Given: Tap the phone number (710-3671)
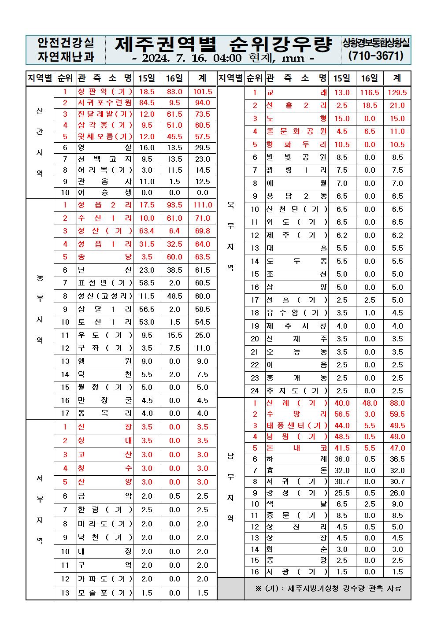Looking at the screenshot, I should (376, 56).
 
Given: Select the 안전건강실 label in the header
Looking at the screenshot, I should (66, 42).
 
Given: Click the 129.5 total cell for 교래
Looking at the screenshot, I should (397, 93).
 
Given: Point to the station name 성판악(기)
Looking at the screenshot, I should (105, 92).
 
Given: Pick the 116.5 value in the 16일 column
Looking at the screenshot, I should (369, 93).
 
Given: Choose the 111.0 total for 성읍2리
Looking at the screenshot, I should (202, 205).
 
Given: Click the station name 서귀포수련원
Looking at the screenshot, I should (105, 103).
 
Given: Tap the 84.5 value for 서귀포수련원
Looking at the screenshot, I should (147, 103).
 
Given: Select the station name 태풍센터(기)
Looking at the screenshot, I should (296, 426).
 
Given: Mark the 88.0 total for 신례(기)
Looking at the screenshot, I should (397, 403).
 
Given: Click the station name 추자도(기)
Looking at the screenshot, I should (296, 391).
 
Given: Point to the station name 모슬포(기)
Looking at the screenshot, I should (105, 593).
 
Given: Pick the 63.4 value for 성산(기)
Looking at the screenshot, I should (147, 231).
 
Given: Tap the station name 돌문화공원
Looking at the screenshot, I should (296, 131).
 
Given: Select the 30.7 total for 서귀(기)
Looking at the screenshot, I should (397, 482).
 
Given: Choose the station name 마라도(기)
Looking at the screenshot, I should (105, 524).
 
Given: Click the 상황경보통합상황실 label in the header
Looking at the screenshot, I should (376, 43).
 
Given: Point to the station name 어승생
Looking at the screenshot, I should (105, 192).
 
